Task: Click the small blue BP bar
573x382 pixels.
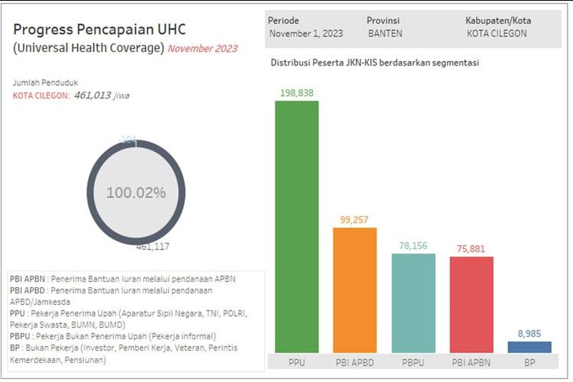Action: [x=529, y=346]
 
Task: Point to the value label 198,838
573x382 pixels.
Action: [x=296, y=93]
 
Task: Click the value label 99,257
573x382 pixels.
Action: [x=354, y=220]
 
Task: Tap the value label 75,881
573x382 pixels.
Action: [x=471, y=248]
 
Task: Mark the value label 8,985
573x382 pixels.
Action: [x=529, y=333]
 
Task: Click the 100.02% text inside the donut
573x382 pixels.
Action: [x=135, y=193]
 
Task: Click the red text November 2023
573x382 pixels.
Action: [x=202, y=48]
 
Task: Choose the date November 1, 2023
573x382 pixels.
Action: [x=305, y=34]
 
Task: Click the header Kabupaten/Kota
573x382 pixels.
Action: [x=498, y=21]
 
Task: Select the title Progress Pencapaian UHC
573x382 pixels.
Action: [x=99, y=30]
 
